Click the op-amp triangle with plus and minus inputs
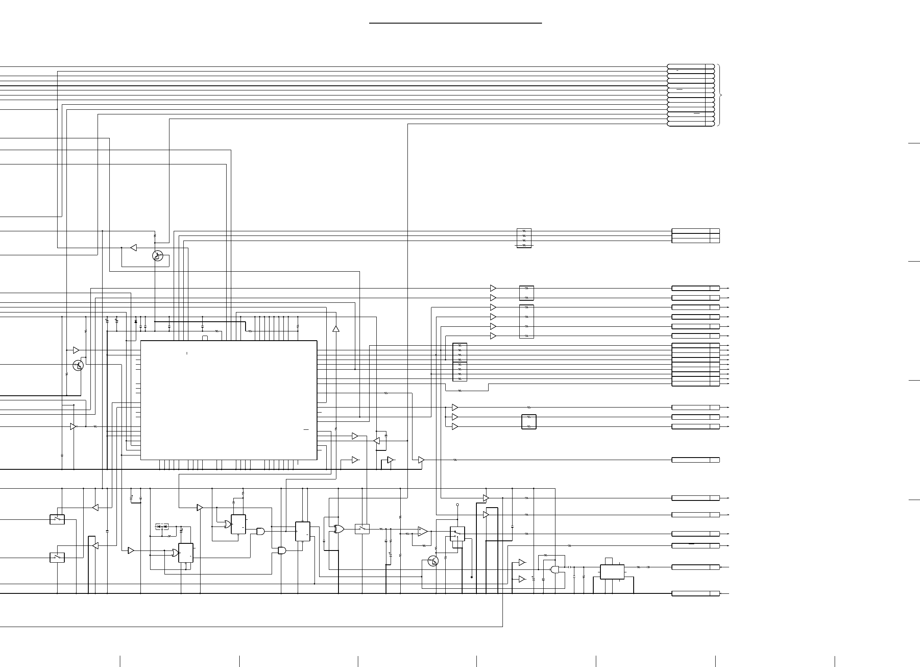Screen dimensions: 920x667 pyautogui.click(x=423, y=532)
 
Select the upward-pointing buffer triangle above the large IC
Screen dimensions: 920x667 pyautogui.click(x=336, y=328)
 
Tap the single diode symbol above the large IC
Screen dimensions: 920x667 pyautogui.click(x=135, y=322)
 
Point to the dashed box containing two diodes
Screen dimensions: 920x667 pyautogui.click(x=162, y=527)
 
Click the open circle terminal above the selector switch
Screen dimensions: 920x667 pyautogui.click(x=457, y=505)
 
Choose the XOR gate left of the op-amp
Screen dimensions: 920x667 pyautogui.click(x=338, y=529)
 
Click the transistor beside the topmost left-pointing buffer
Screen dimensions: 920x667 pyautogui.click(x=157, y=255)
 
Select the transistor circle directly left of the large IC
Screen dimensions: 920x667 pyautogui.click(x=78, y=365)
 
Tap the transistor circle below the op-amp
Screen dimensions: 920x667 pyautogui.click(x=433, y=561)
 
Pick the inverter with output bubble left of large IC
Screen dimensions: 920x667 pyautogui.click(x=74, y=426)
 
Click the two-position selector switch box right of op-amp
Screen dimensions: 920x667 pyautogui.click(x=457, y=534)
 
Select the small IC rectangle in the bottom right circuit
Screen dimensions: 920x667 pyautogui.click(x=612, y=572)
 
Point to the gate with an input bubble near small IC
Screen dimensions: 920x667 pyautogui.click(x=555, y=569)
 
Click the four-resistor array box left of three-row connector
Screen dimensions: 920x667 pyautogui.click(x=524, y=238)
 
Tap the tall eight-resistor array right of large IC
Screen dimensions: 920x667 pyautogui.click(x=460, y=362)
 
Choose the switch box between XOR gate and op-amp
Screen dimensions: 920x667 pyautogui.click(x=362, y=529)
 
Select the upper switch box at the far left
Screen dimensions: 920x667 pyautogui.click(x=57, y=519)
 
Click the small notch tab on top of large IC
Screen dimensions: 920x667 pyautogui.click(x=205, y=338)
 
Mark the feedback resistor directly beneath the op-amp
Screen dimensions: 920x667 pyautogui.click(x=424, y=545)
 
